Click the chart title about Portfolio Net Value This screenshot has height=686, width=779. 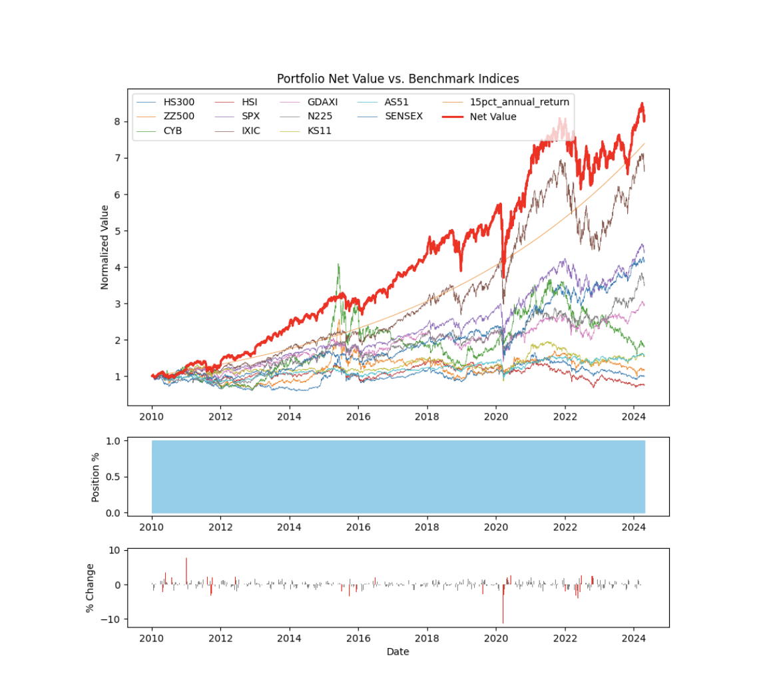(397, 79)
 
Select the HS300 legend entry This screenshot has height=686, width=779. (179, 102)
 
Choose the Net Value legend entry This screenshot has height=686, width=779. (493, 117)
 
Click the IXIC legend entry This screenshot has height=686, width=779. (251, 131)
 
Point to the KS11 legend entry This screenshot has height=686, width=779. (320, 131)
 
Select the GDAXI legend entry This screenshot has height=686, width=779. (322, 102)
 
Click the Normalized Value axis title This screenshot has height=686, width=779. (105, 247)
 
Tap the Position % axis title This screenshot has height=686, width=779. (96, 476)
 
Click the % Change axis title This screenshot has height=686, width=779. (91, 587)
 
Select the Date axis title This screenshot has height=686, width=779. (397, 651)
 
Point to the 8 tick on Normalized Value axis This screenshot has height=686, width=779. (117, 122)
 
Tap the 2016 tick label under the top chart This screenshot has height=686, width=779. (358, 417)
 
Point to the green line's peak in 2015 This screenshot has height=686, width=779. (338, 265)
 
